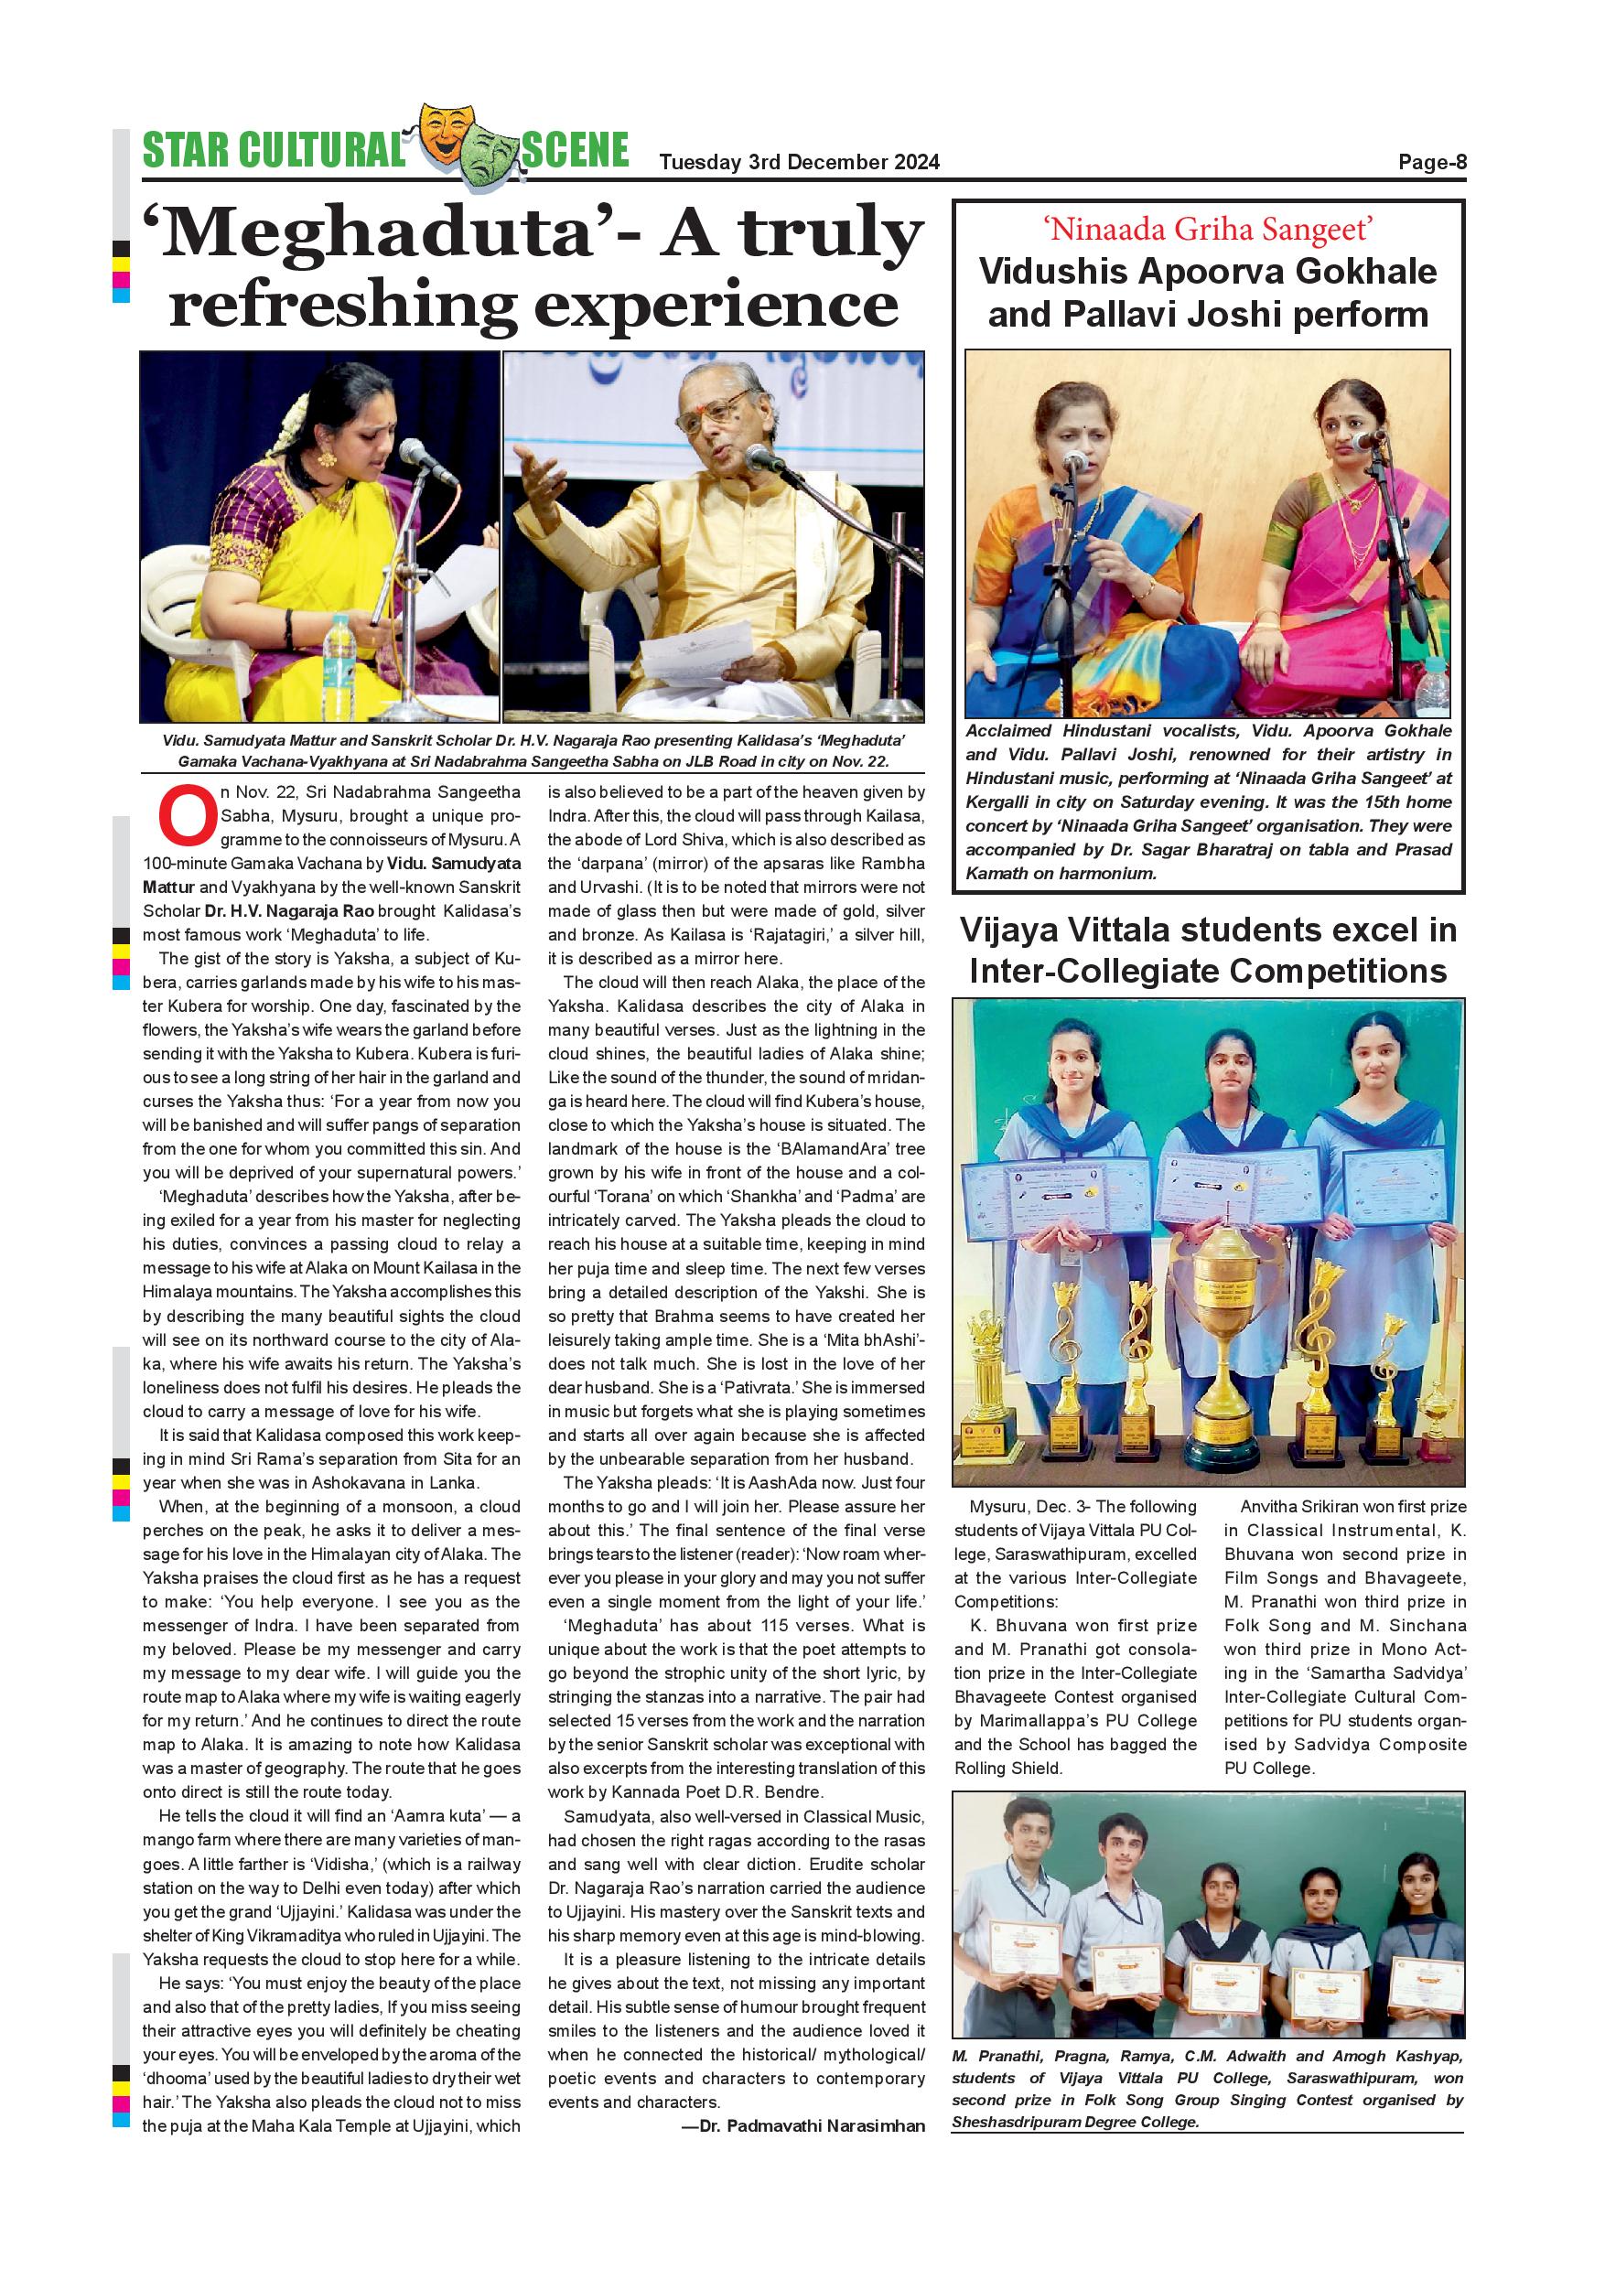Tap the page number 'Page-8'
[1431, 162]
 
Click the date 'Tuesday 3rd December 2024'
[799, 162]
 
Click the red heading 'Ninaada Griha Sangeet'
[1208, 230]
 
